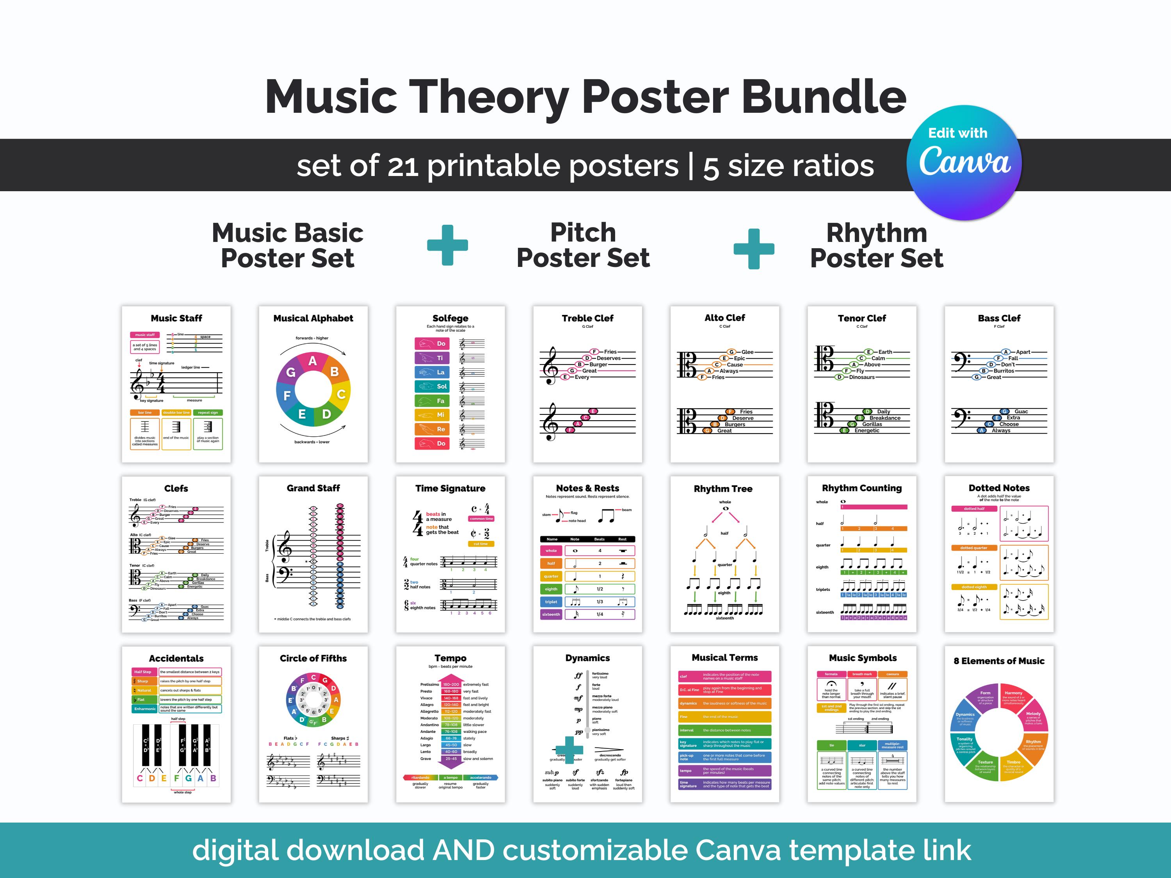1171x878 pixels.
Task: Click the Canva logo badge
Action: pyautogui.click(x=964, y=162)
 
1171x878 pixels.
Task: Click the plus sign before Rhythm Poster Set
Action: pyautogui.click(x=754, y=249)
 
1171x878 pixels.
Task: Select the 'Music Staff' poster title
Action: pyautogui.click(x=176, y=318)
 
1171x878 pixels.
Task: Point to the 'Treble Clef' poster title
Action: pyautogui.click(x=587, y=318)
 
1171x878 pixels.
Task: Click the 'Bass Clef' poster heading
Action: pyautogui.click(x=999, y=318)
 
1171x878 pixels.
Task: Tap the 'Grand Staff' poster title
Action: pyautogui.click(x=313, y=488)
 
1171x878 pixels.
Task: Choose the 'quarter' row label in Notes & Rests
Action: pyautogui.click(x=551, y=576)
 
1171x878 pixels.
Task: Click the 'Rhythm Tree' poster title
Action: pyautogui.click(x=723, y=489)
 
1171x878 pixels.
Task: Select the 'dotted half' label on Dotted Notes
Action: pyautogui.click(x=974, y=508)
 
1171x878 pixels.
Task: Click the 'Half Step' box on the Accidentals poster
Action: pyautogui.click(x=143, y=672)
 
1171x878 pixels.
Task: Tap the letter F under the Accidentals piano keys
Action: pyautogui.click(x=177, y=778)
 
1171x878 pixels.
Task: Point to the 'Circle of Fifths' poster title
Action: pyautogui.click(x=313, y=658)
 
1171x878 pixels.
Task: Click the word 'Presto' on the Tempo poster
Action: pyautogui.click(x=426, y=691)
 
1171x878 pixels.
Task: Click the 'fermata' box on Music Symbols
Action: pyautogui.click(x=831, y=674)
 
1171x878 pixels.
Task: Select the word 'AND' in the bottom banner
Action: pyautogui.click(x=463, y=850)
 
